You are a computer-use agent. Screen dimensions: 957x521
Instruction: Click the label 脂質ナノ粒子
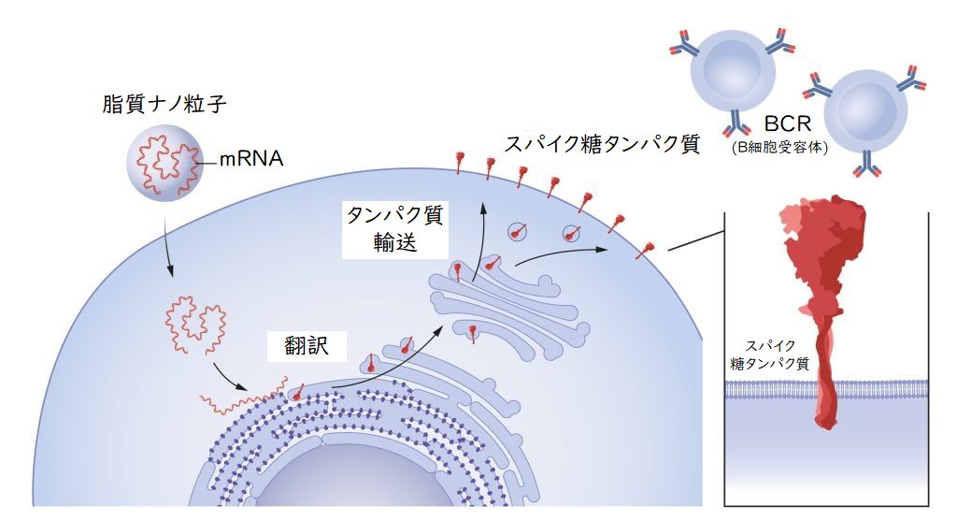point(164,105)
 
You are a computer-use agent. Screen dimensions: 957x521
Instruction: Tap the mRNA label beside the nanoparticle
point(251,159)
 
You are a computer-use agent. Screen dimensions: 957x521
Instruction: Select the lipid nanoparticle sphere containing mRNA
point(163,163)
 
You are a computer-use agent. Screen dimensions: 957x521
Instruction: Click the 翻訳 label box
point(307,346)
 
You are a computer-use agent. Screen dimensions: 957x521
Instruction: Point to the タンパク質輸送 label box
point(395,229)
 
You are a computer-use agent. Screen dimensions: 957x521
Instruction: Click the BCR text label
point(787,124)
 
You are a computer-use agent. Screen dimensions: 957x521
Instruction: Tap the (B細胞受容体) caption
point(780,147)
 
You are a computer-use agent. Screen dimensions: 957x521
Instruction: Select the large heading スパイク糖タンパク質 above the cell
point(602,144)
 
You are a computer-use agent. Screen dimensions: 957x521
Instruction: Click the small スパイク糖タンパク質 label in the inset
point(770,355)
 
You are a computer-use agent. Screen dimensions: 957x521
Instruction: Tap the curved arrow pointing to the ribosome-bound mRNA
point(229,379)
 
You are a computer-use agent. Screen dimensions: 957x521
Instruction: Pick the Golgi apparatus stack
point(507,311)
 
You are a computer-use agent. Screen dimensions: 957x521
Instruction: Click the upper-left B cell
point(733,68)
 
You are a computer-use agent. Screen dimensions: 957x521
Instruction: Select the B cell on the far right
point(865,111)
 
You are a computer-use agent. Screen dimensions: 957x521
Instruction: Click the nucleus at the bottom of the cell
point(342,483)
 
